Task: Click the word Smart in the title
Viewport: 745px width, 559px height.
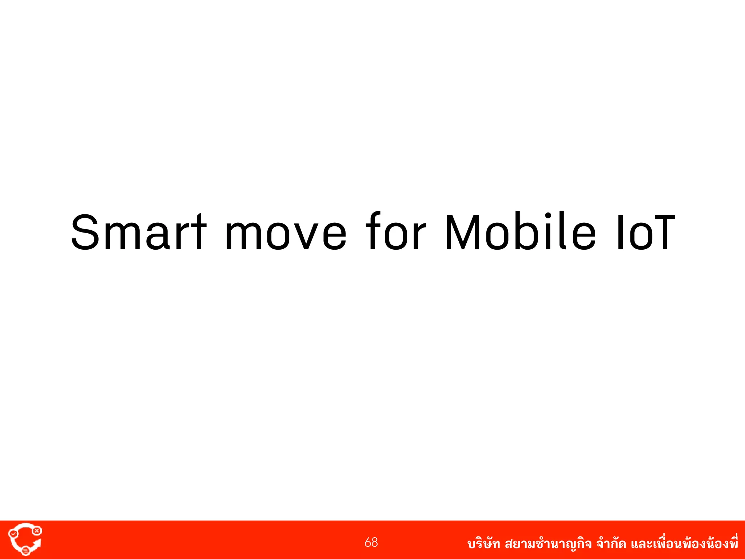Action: pos(139,232)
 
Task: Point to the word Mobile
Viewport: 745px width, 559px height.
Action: pos(521,232)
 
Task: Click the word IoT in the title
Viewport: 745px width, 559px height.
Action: pos(646,232)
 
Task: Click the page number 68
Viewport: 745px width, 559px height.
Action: pos(371,542)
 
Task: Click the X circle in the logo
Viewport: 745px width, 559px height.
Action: pos(37,531)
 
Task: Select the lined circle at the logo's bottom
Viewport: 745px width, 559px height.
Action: pos(25,551)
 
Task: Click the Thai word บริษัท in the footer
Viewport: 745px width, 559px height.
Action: pos(483,544)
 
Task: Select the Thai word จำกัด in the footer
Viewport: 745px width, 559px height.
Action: pos(611,544)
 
